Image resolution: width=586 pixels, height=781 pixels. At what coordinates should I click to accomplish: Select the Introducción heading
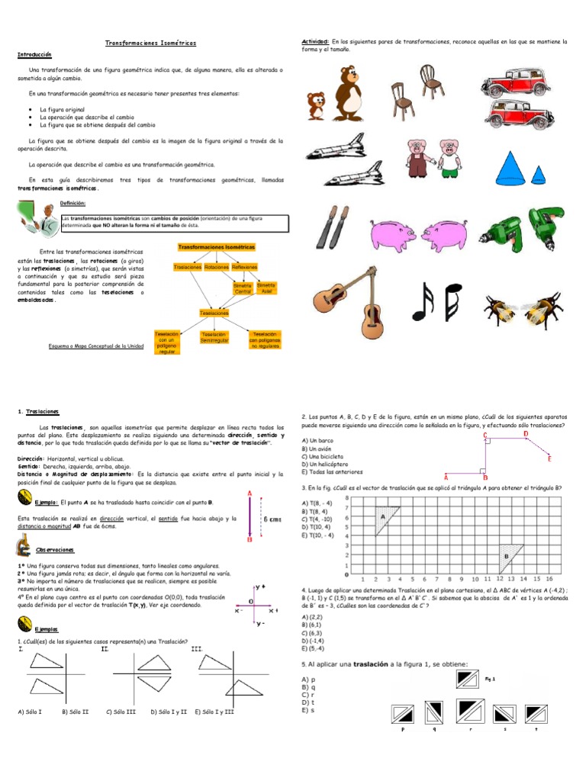tap(34, 55)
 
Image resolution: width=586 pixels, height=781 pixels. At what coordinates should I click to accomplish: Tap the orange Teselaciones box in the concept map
tap(216, 313)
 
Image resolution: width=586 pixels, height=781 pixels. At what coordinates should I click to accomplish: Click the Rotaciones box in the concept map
tap(217, 268)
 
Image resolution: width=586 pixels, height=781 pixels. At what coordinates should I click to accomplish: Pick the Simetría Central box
tap(242, 288)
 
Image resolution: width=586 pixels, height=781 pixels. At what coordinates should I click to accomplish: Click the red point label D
tap(525, 434)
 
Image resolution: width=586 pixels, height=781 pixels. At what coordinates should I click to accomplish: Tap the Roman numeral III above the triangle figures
tap(197, 649)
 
